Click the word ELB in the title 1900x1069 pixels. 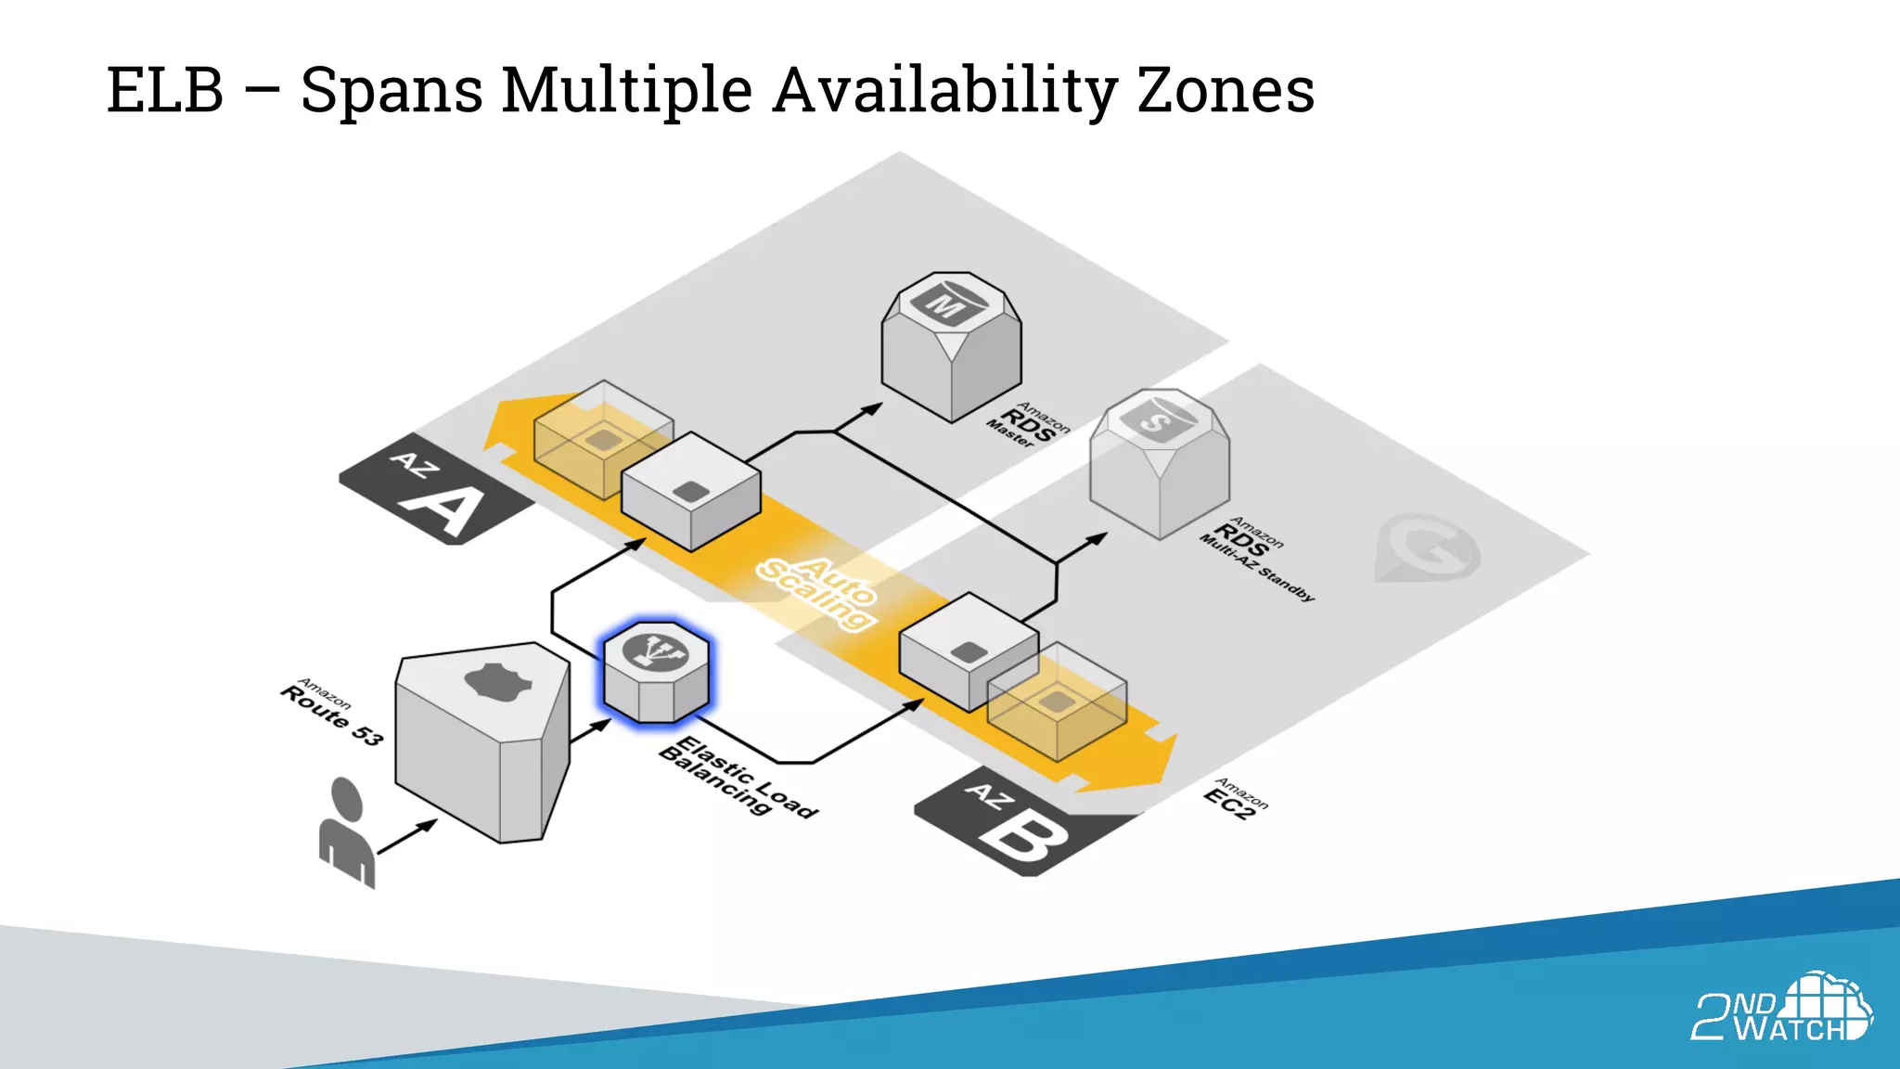pyautogui.click(x=165, y=91)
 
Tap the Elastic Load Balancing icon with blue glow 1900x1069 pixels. pyautogui.click(x=656, y=672)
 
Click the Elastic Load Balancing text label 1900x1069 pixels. pyautogui.click(x=738, y=776)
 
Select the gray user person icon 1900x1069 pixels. pyautogui.click(x=347, y=831)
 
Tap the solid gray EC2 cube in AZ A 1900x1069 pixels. pyautogui.click(x=691, y=492)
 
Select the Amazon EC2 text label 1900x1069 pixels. pyautogui.click(x=1235, y=799)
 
